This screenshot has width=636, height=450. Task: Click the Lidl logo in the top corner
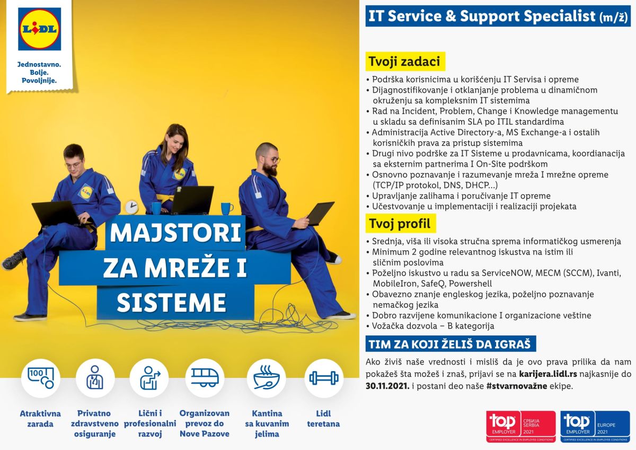click(x=39, y=29)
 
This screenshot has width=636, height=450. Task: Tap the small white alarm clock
click(x=131, y=207)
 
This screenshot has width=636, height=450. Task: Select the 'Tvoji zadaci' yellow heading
click(x=405, y=61)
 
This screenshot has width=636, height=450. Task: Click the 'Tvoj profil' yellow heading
click(x=400, y=224)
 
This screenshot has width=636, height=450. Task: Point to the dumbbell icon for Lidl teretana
click(x=324, y=378)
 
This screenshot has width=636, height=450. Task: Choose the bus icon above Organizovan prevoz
click(x=205, y=377)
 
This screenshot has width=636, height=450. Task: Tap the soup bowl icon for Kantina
click(x=266, y=377)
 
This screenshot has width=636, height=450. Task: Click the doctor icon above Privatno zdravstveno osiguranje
click(x=95, y=377)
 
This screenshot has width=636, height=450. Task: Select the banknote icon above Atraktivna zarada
click(x=41, y=377)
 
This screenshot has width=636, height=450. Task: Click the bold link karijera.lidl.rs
click(x=548, y=374)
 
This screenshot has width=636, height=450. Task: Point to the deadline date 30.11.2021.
click(x=387, y=386)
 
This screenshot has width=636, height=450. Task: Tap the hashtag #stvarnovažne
click(x=516, y=386)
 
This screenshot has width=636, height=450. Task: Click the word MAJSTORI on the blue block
click(x=175, y=233)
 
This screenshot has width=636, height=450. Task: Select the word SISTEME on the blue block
click(x=171, y=303)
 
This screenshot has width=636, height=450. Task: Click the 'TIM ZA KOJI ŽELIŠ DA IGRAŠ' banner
click(x=450, y=344)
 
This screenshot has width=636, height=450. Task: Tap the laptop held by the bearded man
click(x=320, y=213)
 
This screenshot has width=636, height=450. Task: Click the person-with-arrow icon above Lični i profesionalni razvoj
click(x=149, y=378)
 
